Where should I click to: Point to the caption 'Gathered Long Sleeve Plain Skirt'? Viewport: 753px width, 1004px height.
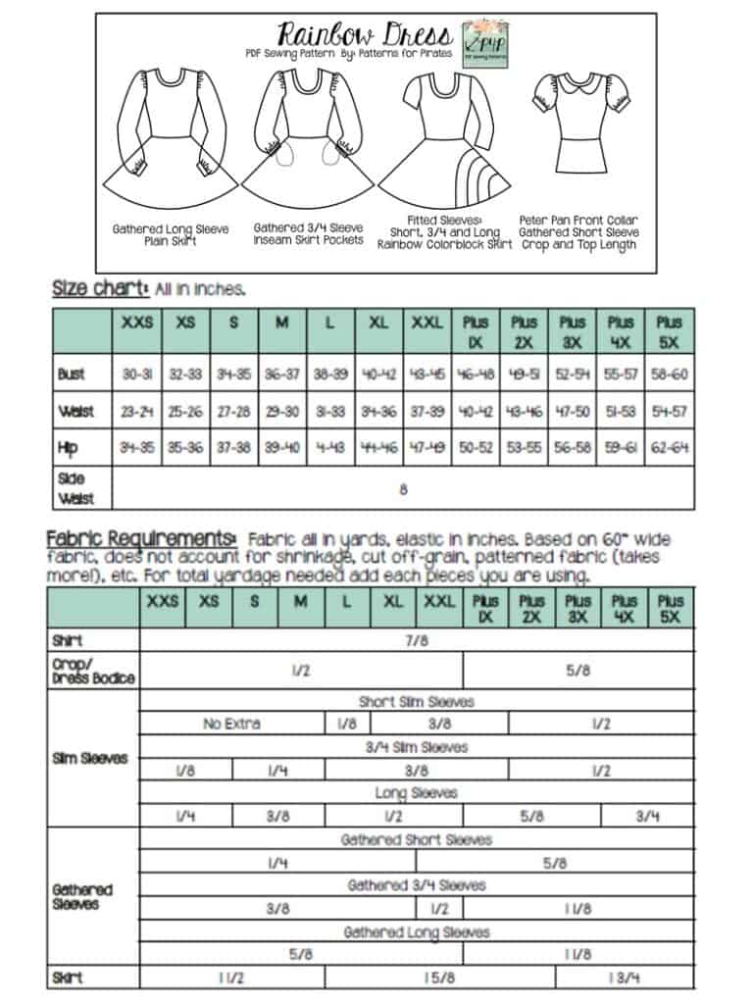tap(171, 234)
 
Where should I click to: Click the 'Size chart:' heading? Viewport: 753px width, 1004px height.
tap(99, 289)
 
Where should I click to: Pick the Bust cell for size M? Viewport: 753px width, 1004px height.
tap(281, 375)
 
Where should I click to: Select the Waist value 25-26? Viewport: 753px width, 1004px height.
tap(185, 412)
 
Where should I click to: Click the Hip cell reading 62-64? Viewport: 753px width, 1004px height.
tap(670, 448)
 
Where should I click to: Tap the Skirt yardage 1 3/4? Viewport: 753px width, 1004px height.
tap(624, 978)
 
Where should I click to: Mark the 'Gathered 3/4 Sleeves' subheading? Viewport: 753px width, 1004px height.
tap(417, 885)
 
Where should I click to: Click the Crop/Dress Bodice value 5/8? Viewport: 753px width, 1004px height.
tap(578, 671)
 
